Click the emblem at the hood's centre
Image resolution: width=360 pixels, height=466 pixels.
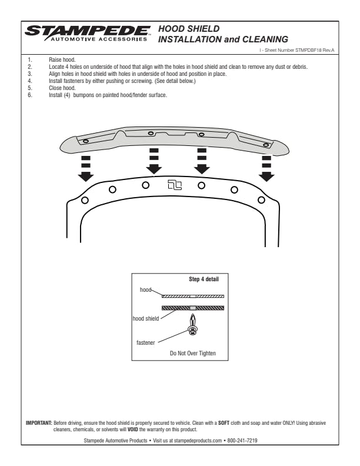tap(175, 185)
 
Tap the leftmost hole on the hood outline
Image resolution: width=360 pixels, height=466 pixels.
tap(85, 200)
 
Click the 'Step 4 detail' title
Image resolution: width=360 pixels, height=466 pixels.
tap(204, 279)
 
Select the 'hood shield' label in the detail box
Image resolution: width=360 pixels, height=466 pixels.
tap(146, 318)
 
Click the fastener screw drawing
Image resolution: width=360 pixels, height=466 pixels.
tap(192, 324)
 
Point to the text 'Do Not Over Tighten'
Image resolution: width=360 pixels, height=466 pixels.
tap(193, 354)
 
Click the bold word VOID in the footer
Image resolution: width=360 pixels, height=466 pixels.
tap(134, 428)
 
